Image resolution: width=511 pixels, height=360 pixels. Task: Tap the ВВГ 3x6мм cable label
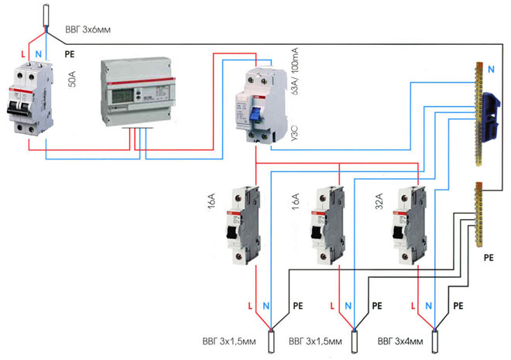[87, 30]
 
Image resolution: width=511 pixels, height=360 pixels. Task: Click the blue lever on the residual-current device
[254, 114]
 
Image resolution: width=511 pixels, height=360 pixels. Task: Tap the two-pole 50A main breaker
[29, 101]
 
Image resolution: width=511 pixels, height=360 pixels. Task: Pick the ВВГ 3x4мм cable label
[400, 341]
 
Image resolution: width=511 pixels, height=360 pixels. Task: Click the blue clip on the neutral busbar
[489, 116]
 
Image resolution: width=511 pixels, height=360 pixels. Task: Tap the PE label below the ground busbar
[488, 255]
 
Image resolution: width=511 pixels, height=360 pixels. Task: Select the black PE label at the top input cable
[70, 55]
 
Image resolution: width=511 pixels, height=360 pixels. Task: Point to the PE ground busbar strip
[478, 212]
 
